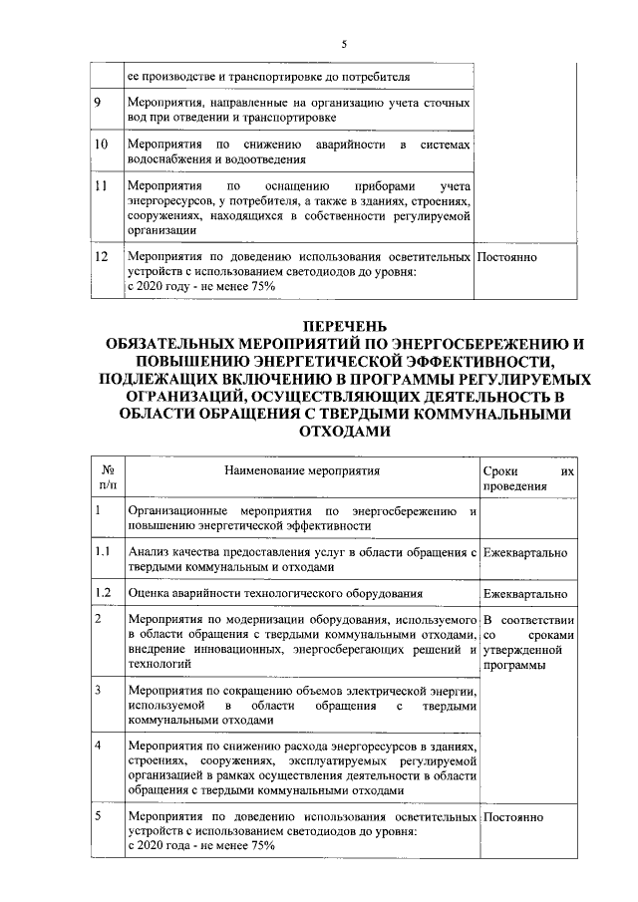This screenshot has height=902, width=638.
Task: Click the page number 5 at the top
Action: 343,44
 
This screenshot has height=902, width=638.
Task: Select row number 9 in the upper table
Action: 97,102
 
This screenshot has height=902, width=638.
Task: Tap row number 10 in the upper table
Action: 100,146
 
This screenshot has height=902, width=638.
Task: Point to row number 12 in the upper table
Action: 100,256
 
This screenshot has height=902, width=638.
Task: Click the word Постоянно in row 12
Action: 508,256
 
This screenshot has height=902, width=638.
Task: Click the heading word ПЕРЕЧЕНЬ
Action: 342,327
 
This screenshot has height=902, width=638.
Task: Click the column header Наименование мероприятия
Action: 302,468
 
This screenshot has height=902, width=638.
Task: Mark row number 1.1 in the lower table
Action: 101,551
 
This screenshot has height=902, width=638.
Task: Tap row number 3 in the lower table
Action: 97,690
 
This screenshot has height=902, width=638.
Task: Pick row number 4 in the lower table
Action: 97,746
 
